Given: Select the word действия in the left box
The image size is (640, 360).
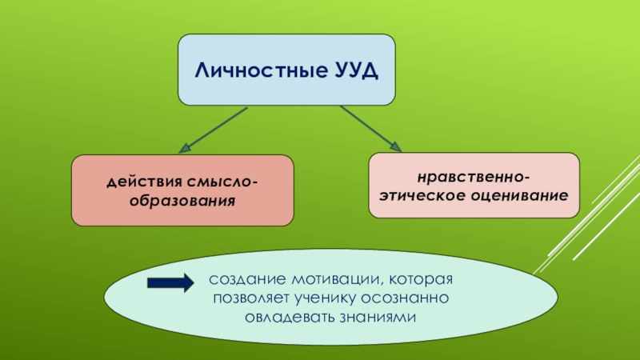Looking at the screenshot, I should coord(140,183).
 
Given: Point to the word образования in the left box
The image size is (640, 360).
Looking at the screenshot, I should coord(182,199).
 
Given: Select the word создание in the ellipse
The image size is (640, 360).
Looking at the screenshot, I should coord(238,282).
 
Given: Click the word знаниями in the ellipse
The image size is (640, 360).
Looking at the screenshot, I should coord(378,317).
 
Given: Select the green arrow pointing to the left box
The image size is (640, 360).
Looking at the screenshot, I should coord(214,128).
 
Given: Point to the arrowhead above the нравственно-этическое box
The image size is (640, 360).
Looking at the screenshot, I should coord(394,145).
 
